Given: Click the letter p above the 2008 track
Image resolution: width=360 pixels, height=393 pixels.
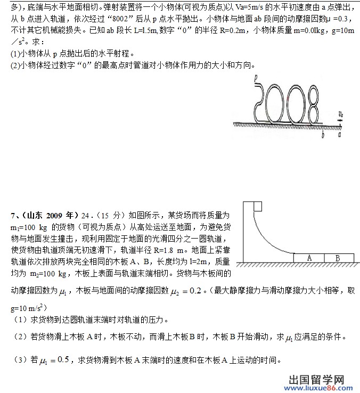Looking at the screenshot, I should click(256, 78).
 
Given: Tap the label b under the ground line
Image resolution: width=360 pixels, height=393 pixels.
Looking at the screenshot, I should click(323, 135).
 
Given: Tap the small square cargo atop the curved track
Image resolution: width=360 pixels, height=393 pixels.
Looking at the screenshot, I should click(257, 207).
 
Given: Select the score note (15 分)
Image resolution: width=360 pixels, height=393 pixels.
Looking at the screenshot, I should click(108, 216).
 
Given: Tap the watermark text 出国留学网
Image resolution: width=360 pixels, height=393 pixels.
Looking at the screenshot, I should click(316, 379).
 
